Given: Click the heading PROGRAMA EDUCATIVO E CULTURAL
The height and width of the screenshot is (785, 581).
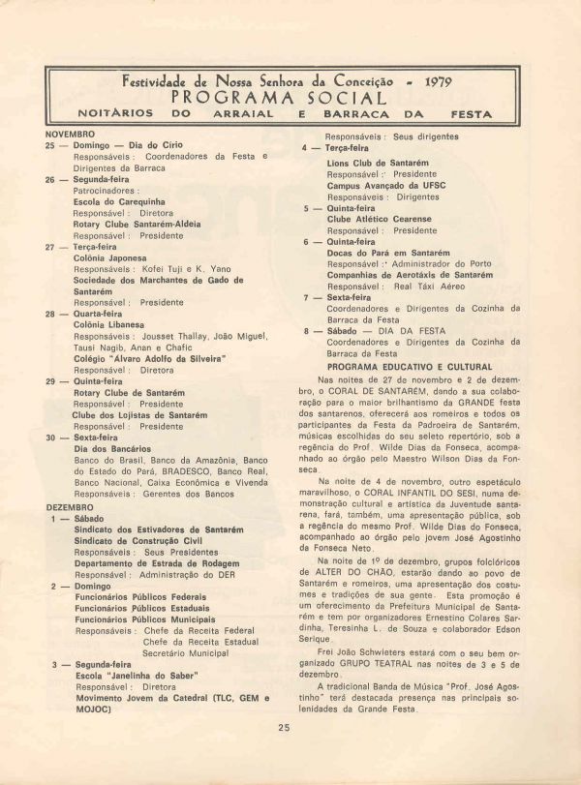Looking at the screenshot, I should (409, 367).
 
